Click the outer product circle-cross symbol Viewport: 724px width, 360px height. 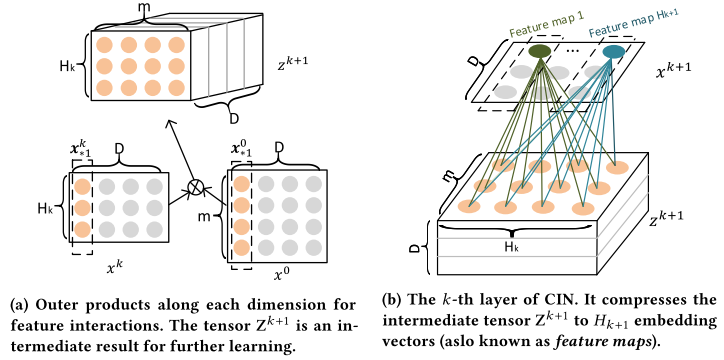point(195,187)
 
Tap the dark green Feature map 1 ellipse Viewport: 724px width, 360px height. point(539,51)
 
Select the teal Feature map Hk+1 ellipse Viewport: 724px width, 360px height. point(614,52)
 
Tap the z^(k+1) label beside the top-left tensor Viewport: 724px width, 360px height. point(293,65)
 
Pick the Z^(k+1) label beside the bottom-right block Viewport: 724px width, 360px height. point(665,219)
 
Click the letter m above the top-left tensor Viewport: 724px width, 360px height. point(145,5)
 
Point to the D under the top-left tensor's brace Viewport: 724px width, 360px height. point(234,119)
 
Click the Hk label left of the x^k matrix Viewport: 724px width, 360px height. point(47,208)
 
